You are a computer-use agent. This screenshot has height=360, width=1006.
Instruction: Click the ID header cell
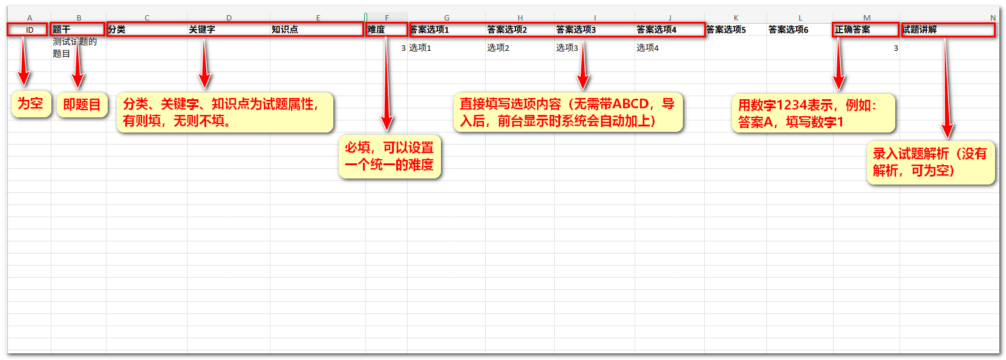(30, 30)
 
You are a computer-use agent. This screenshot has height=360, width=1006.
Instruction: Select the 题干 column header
(78, 30)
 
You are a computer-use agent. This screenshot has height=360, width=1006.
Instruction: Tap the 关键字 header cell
(228, 30)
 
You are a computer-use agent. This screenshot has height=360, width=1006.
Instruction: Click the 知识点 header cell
(318, 30)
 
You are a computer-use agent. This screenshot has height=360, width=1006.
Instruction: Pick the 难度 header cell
(386, 30)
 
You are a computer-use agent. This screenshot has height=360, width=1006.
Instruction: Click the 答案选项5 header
(735, 30)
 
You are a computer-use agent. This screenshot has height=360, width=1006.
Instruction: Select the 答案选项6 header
(799, 30)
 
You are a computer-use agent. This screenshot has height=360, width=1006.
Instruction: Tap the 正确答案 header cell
(866, 30)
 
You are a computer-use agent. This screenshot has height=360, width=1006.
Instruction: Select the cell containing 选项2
(520, 48)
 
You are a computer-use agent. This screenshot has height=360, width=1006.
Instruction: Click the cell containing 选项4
(669, 48)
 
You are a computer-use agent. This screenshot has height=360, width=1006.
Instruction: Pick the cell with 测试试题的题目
(78, 48)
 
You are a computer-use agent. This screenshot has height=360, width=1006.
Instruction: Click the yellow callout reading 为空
(31, 104)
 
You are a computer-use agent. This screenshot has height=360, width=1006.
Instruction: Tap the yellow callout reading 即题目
(82, 105)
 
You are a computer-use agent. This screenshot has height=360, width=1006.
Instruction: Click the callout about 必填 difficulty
(390, 157)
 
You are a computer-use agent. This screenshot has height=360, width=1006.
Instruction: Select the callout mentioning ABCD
(568, 113)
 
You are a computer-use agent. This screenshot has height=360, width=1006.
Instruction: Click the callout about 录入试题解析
(931, 162)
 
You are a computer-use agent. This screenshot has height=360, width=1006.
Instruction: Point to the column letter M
(867, 18)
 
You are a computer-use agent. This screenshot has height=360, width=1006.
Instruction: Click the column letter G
(446, 18)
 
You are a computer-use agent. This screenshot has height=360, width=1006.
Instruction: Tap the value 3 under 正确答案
(895, 48)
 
